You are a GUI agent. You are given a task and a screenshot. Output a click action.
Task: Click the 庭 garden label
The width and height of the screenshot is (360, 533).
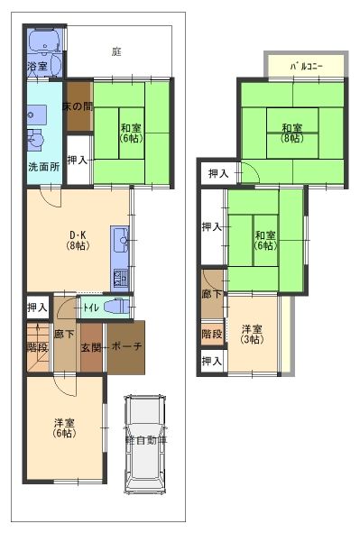pos(117,51)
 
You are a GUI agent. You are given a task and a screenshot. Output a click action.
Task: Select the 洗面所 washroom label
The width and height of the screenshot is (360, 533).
pos(43,167)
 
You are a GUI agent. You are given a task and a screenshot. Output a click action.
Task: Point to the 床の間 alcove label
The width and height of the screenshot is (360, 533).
pos(78,106)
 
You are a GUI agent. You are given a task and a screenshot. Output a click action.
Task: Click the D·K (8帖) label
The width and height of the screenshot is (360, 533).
pos(78,239)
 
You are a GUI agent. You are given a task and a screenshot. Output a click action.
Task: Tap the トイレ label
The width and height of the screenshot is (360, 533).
pos(91,308)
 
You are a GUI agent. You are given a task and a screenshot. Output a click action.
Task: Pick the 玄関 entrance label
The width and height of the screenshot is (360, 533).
pos(91,348)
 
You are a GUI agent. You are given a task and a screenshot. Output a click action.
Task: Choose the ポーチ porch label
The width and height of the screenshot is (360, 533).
pos(125,348)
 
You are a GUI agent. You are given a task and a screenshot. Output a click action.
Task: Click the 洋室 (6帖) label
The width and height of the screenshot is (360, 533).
pos(63,428)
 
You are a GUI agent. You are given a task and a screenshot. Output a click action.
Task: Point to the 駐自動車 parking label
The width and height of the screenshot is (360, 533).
pos(145,440)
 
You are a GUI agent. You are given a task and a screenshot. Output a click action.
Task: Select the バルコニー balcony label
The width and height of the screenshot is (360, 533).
pos(305,66)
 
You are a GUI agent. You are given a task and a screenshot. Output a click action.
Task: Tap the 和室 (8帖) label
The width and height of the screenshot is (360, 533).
pos(290,133)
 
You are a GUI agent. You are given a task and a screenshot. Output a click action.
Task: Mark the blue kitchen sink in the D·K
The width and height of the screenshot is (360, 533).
pos(120,239)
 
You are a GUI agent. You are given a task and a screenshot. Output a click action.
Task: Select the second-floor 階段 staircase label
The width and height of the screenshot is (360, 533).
pos(212,334)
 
